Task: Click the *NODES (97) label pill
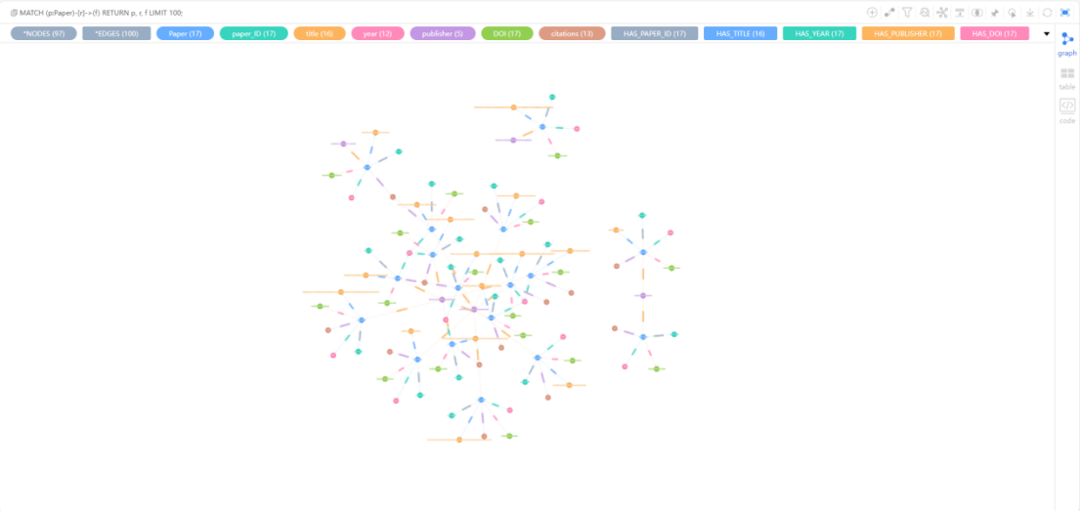43,33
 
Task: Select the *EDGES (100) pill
116,33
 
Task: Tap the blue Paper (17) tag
185,33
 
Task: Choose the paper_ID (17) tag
253,33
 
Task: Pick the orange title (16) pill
320,33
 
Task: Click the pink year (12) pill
377,33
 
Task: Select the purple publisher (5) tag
443,33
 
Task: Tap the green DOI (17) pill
507,33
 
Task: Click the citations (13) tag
572,33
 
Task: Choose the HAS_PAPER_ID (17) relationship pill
654,33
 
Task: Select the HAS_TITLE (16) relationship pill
740,33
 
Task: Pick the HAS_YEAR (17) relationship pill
819,33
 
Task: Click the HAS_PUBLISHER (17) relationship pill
908,33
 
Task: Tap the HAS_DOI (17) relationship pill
994,33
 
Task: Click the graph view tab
1067,43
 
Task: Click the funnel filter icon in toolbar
907,13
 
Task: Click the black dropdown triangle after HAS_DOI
1047,33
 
